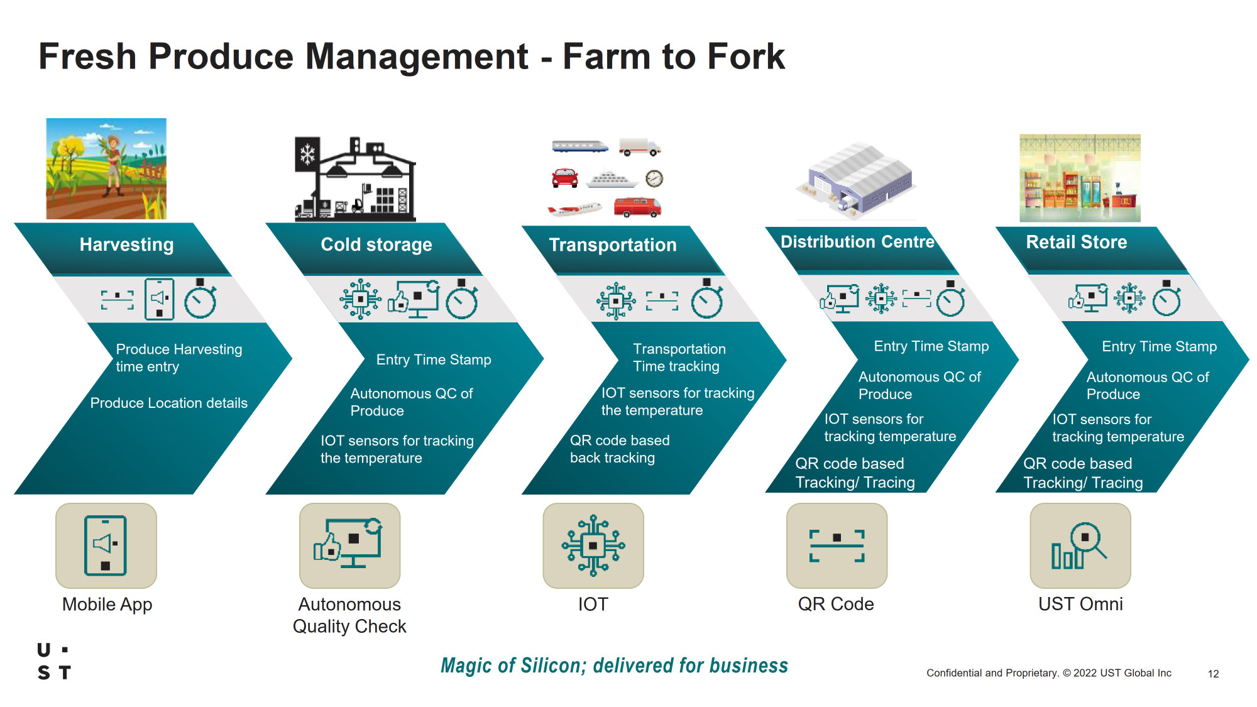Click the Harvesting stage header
pos(126,244)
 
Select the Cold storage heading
pos(376,244)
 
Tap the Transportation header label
pos(613,245)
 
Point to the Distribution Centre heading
pos(857,242)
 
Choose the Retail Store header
pos(1077,242)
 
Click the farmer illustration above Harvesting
pos(106,168)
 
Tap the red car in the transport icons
pos(564,178)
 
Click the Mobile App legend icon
pos(106,545)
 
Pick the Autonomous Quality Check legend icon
pos(349,545)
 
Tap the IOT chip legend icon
pos(593,545)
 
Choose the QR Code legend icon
pos(837,545)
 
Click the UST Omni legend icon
pos(1080,545)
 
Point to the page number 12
pos(1213,674)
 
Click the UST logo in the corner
pos(54,661)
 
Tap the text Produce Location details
pos(169,403)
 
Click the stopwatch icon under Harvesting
pos(200,299)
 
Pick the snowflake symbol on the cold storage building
pos(307,154)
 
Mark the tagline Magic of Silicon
pos(614,666)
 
